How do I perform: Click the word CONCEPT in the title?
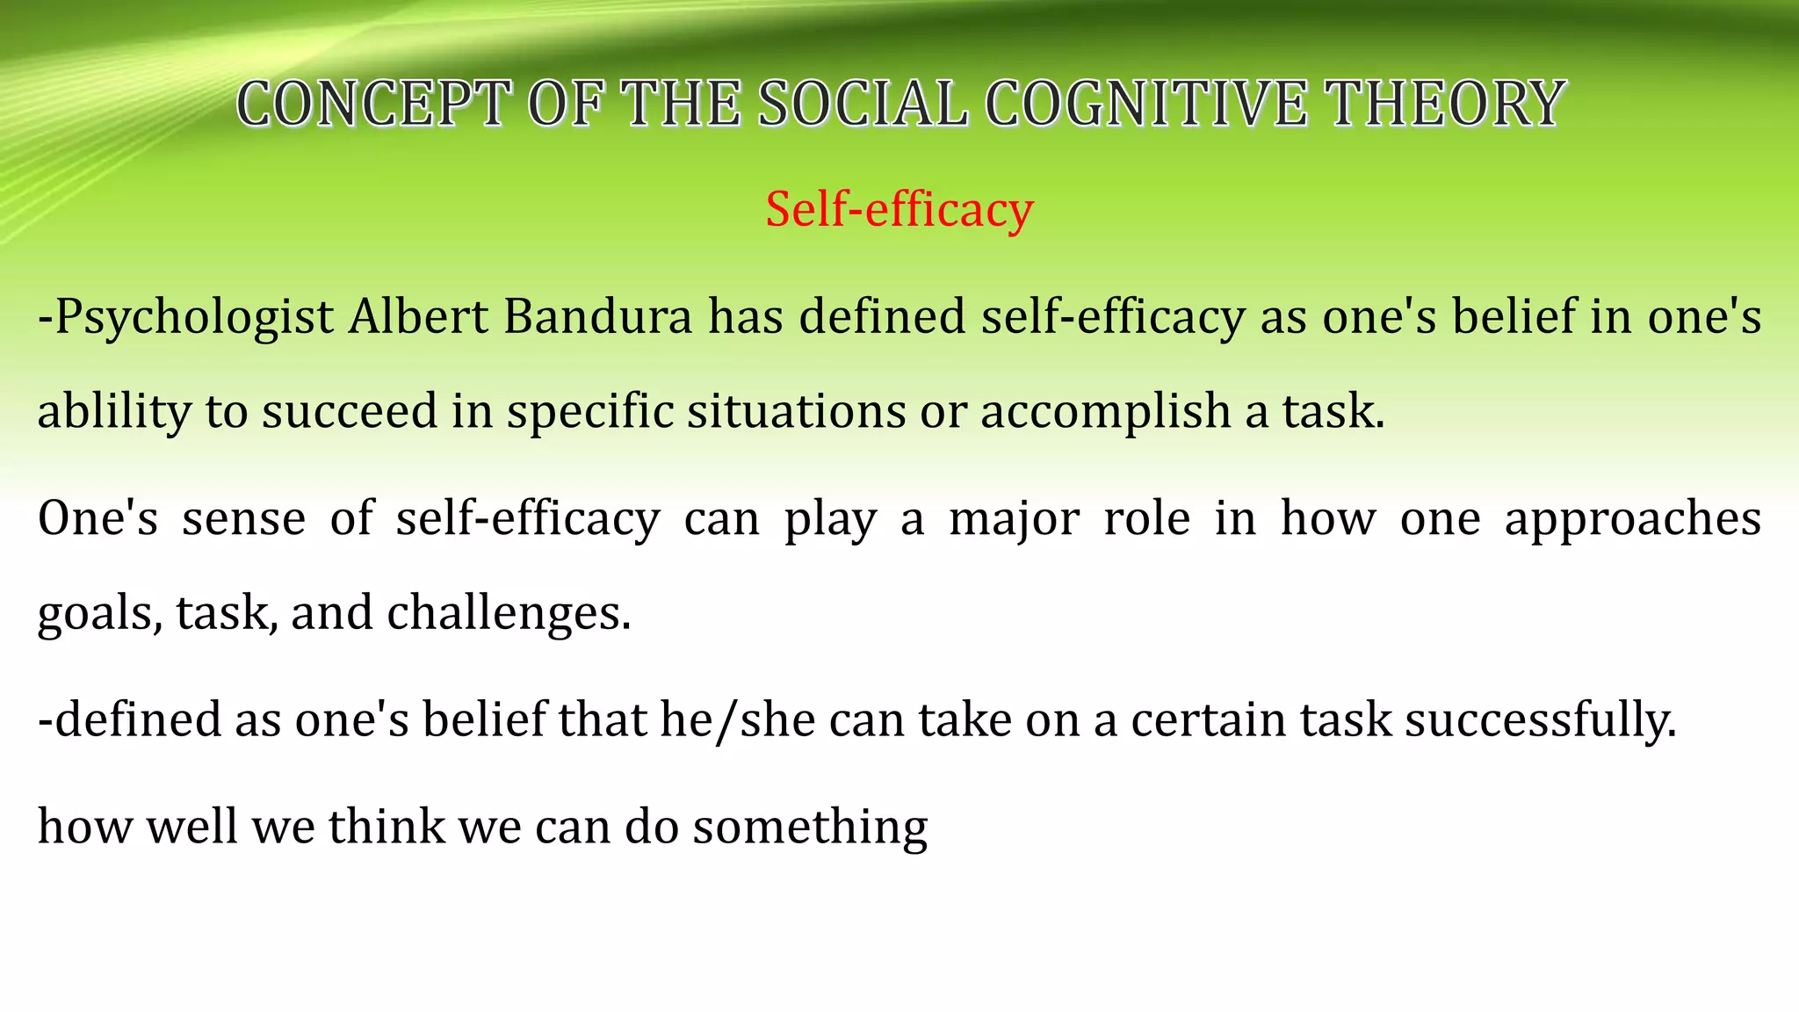coord(373,104)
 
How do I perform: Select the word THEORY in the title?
coord(1445,104)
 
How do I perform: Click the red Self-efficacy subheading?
coord(899,210)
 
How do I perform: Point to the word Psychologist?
coord(193,318)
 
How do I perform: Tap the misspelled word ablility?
coord(113,412)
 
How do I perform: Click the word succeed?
coord(350,411)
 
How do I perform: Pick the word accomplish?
coord(1105,412)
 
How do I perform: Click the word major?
coord(1014,519)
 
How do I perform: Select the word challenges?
coord(509,613)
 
